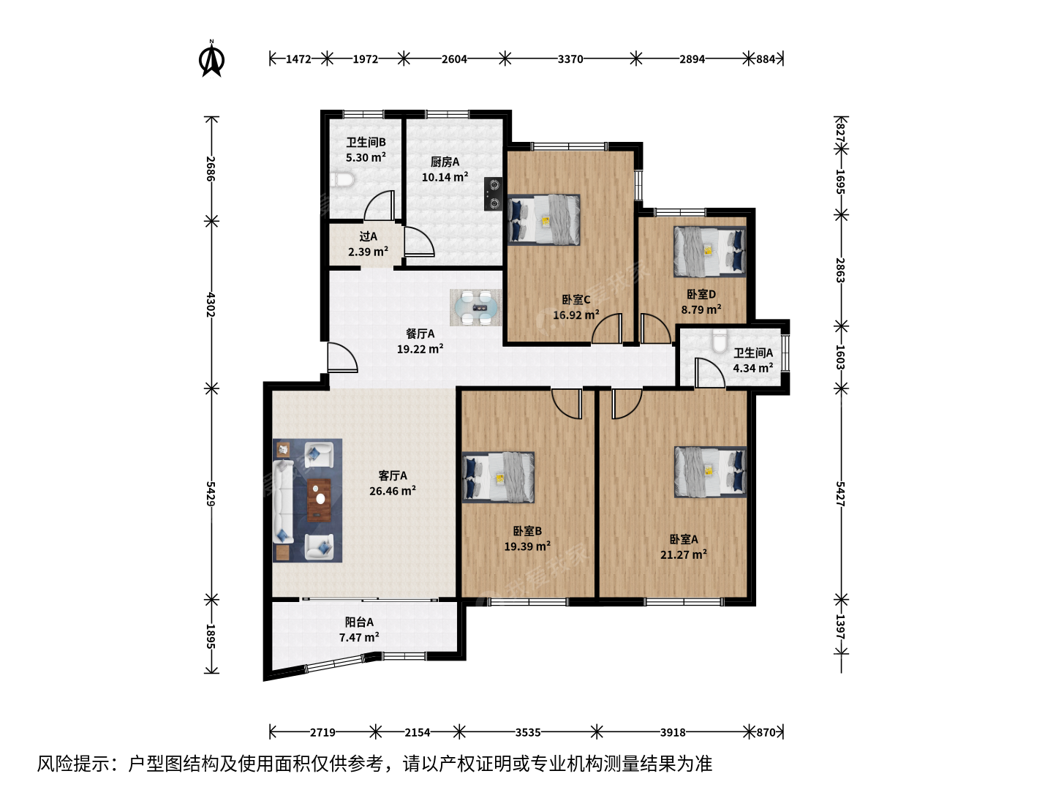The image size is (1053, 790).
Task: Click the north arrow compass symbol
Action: tap(211, 59)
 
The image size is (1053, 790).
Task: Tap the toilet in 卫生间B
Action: tap(342, 181)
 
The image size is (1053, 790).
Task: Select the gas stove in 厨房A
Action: tap(493, 194)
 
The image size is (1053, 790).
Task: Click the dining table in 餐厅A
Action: tap(476, 307)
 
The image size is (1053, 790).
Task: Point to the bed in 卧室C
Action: tap(543, 219)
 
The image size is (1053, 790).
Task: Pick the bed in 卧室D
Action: tap(710, 252)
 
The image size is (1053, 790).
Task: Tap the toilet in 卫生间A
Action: tap(720, 341)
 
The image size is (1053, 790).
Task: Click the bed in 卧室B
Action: tap(499, 477)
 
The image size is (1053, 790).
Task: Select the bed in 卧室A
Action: tap(711, 472)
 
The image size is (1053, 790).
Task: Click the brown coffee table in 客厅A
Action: tap(319, 500)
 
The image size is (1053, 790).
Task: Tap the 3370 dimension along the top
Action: tap(570, 59)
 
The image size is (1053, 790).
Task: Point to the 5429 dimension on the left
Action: tap(211, 494)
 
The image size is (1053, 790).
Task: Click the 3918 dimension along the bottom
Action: tap(673, 732)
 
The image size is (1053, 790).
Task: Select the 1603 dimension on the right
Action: tap(840, 358)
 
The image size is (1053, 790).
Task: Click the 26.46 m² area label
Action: tap(393, 491)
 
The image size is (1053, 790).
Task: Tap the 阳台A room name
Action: tap(359, 622)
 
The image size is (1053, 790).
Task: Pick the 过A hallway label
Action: tap(368, 236)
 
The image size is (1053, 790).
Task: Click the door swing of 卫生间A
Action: tap(709, 373)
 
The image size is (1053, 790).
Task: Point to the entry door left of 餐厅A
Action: tap(342, 358)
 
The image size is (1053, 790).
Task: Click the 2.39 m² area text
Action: tap(368, 252)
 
